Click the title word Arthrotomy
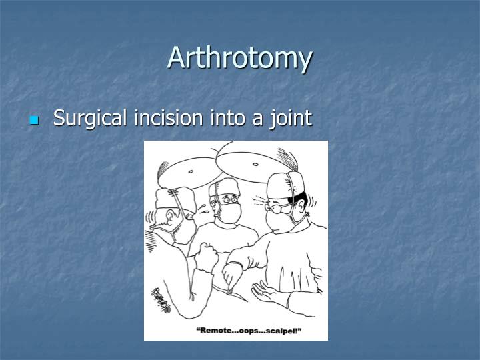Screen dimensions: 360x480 [239, 58]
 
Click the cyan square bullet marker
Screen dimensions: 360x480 [35, 121]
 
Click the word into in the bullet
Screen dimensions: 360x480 [227, 118]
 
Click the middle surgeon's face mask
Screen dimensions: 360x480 [229, 213]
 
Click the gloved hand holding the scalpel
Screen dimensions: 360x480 [232, 273]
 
